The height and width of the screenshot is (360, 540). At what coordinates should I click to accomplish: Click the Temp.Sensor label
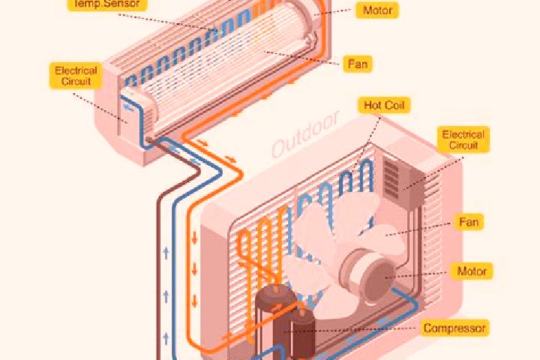click(107, 4)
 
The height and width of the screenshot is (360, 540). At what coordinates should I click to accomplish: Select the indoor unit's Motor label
click(377, 10)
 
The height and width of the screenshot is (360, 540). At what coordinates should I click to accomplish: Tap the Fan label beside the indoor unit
click(358, 64)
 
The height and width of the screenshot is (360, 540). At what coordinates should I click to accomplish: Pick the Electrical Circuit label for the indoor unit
click(76, 76)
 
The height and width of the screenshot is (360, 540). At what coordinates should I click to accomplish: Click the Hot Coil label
click(384, 105)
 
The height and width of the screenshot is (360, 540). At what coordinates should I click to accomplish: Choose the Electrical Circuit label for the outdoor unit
click(463, 139)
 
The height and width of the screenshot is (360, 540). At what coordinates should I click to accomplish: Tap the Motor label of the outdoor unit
click(472, 271)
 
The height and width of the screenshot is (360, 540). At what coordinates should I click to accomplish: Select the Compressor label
click(454, 328)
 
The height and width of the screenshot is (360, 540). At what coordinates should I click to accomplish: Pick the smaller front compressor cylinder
click(303, 332)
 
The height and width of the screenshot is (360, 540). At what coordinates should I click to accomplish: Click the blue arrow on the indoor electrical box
click(129, 108)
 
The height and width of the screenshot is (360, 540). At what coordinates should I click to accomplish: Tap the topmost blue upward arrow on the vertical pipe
click(166, 253)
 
